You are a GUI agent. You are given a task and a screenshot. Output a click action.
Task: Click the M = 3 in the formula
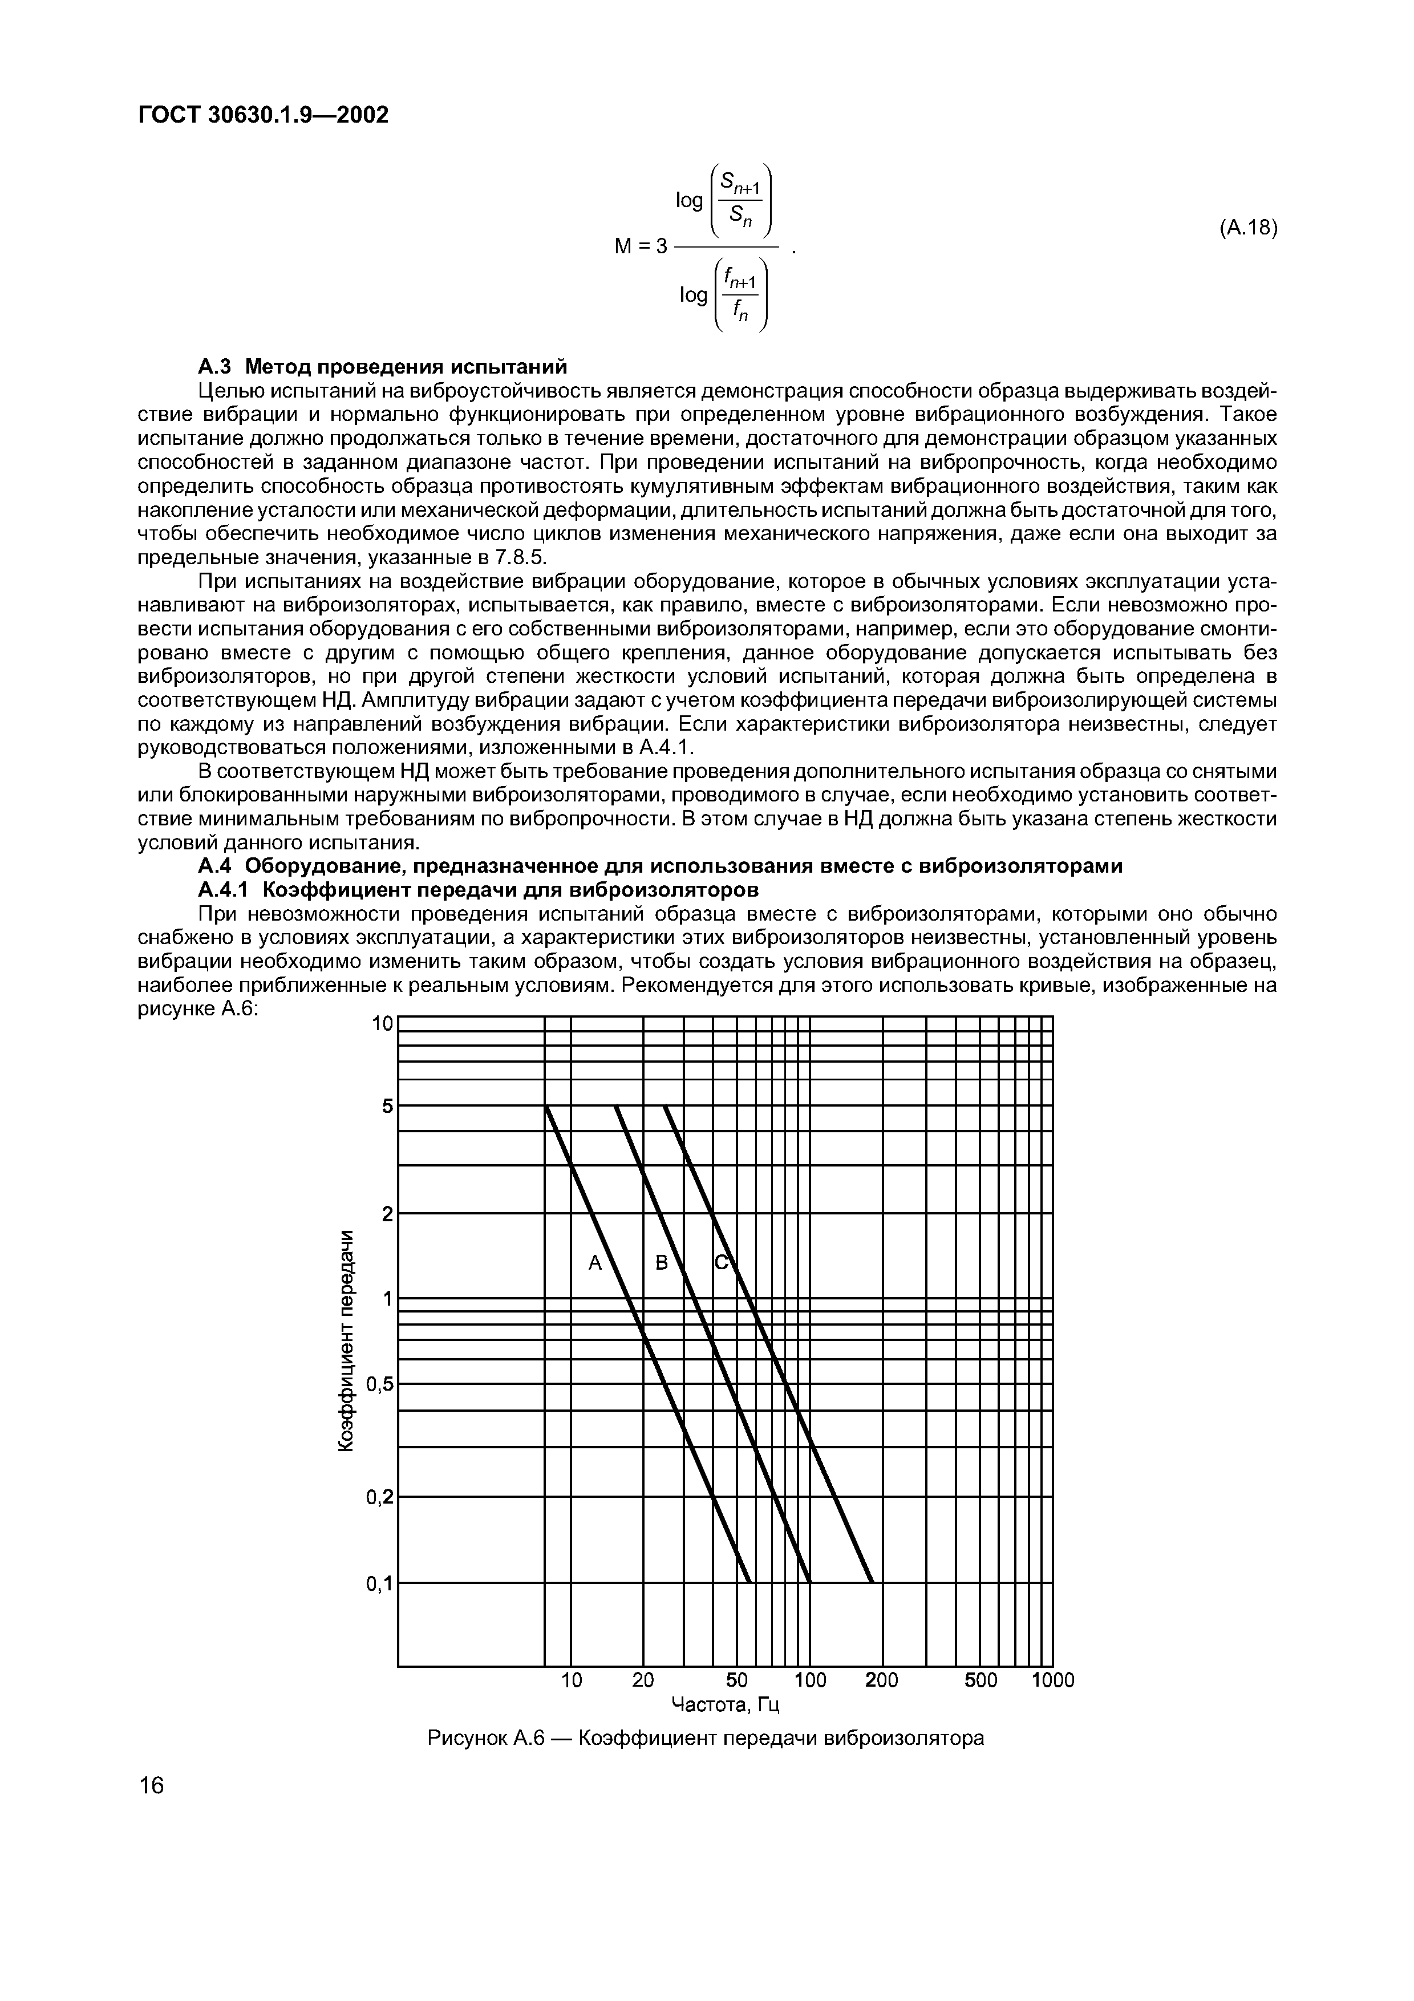click(x=641, y=246)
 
